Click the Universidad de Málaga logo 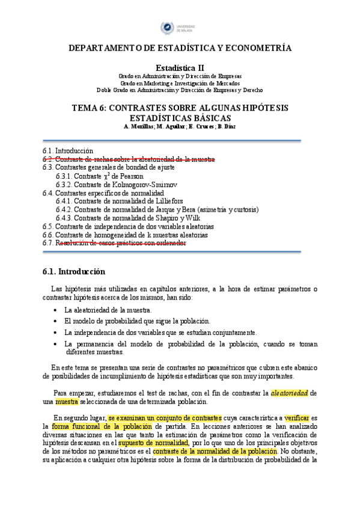(x=180, y=28)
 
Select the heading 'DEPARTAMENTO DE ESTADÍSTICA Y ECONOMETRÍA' (x=180, y=48)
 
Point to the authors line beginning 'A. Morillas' (x=180, y=126)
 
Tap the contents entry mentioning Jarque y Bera (x=157, y=210)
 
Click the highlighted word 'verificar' (x=297, y=417)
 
